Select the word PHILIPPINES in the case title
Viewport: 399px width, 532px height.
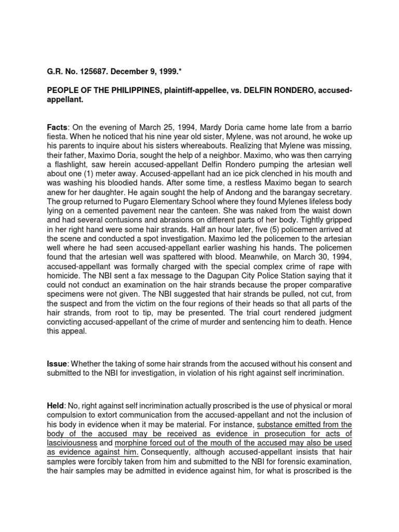116,91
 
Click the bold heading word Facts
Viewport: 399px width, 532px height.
57,126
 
